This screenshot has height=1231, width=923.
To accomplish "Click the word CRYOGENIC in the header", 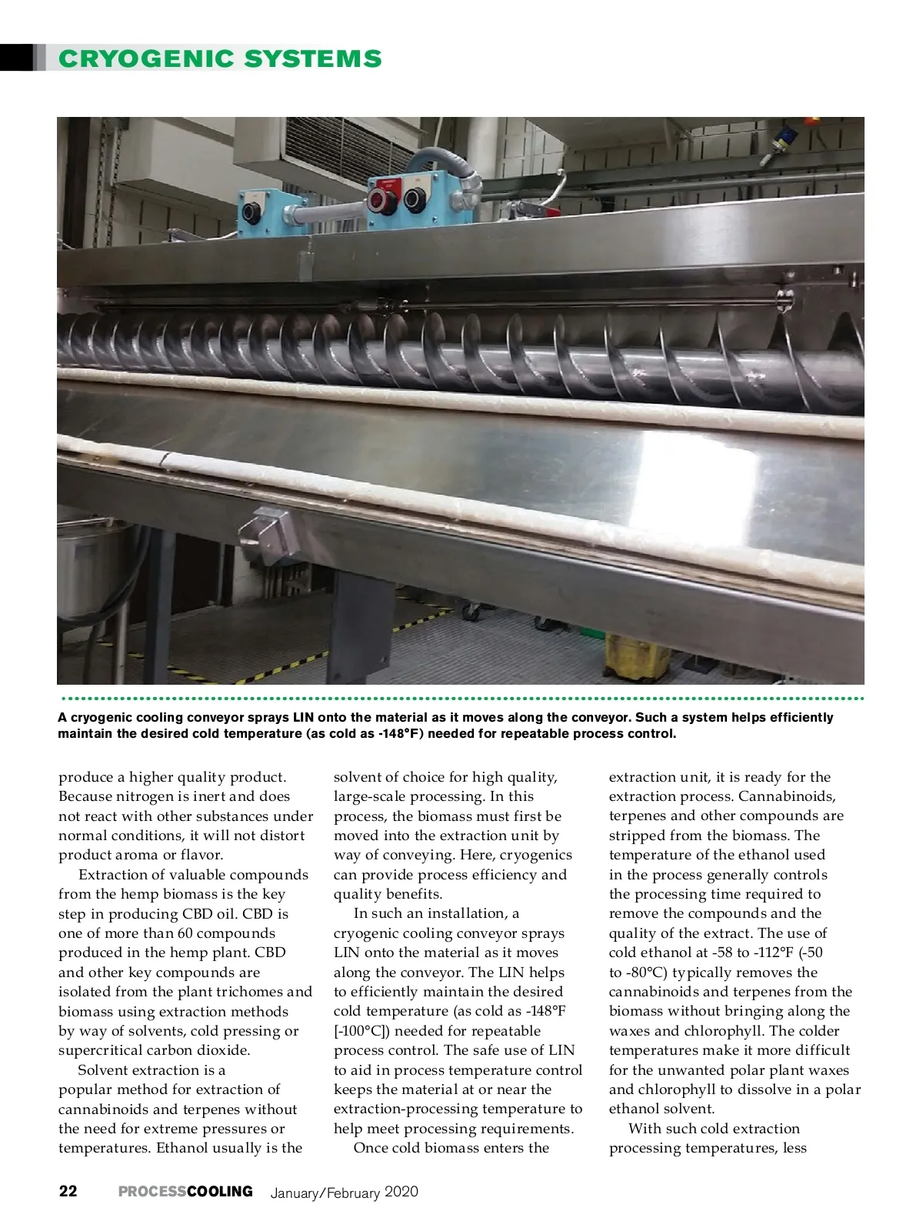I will pos(146,58).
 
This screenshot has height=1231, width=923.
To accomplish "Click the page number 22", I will pos(68,1191).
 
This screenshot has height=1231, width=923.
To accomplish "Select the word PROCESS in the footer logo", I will pos(152,1191).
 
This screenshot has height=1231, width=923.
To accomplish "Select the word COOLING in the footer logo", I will pos(220,1191).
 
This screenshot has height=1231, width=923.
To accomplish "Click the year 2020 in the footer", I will pos(401,1192).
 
